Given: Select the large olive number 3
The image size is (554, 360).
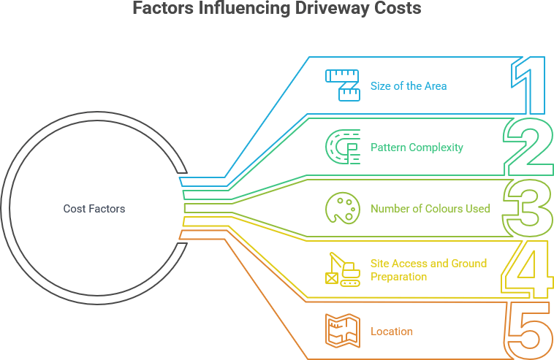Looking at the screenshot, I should coord(528,208).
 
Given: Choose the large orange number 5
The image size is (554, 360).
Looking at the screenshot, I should coord(528,331).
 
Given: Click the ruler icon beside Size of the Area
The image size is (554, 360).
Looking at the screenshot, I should coord(343,85).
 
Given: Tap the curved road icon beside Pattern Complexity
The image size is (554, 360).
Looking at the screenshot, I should coord(343,147).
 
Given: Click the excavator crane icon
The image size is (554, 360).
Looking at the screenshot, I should coord(343,269).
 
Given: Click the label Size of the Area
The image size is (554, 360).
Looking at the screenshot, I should coord(408,86).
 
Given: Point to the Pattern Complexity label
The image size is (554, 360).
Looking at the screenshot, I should coord(417,148).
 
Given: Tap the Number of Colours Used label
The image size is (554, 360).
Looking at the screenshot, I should coord(430,209).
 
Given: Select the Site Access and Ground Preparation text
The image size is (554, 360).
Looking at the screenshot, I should coord(428,269).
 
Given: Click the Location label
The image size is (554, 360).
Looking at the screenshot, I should coord(392,332).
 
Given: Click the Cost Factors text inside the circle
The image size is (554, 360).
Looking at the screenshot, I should coord(94,209).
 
